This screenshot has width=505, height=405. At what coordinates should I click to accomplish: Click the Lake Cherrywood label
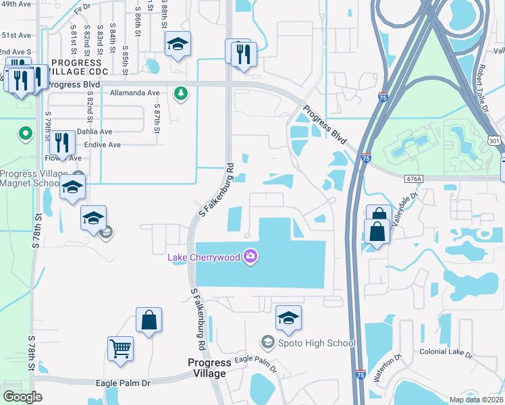tap(205, 256)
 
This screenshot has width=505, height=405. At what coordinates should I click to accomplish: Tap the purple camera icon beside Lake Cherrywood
tap(250, 256)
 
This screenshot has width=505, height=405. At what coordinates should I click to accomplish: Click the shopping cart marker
tap(120, 349)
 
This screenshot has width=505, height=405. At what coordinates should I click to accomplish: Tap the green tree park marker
tap(180, 92)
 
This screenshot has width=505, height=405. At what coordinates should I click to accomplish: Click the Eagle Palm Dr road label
tap(123, 383)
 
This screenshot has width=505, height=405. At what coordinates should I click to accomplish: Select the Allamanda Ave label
tap(134, 92)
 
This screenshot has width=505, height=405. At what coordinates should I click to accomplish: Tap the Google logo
tap(23, 397)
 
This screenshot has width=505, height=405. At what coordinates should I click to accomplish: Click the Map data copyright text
tap(475, 400)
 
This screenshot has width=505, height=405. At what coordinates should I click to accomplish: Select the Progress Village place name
tap(209, 368)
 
